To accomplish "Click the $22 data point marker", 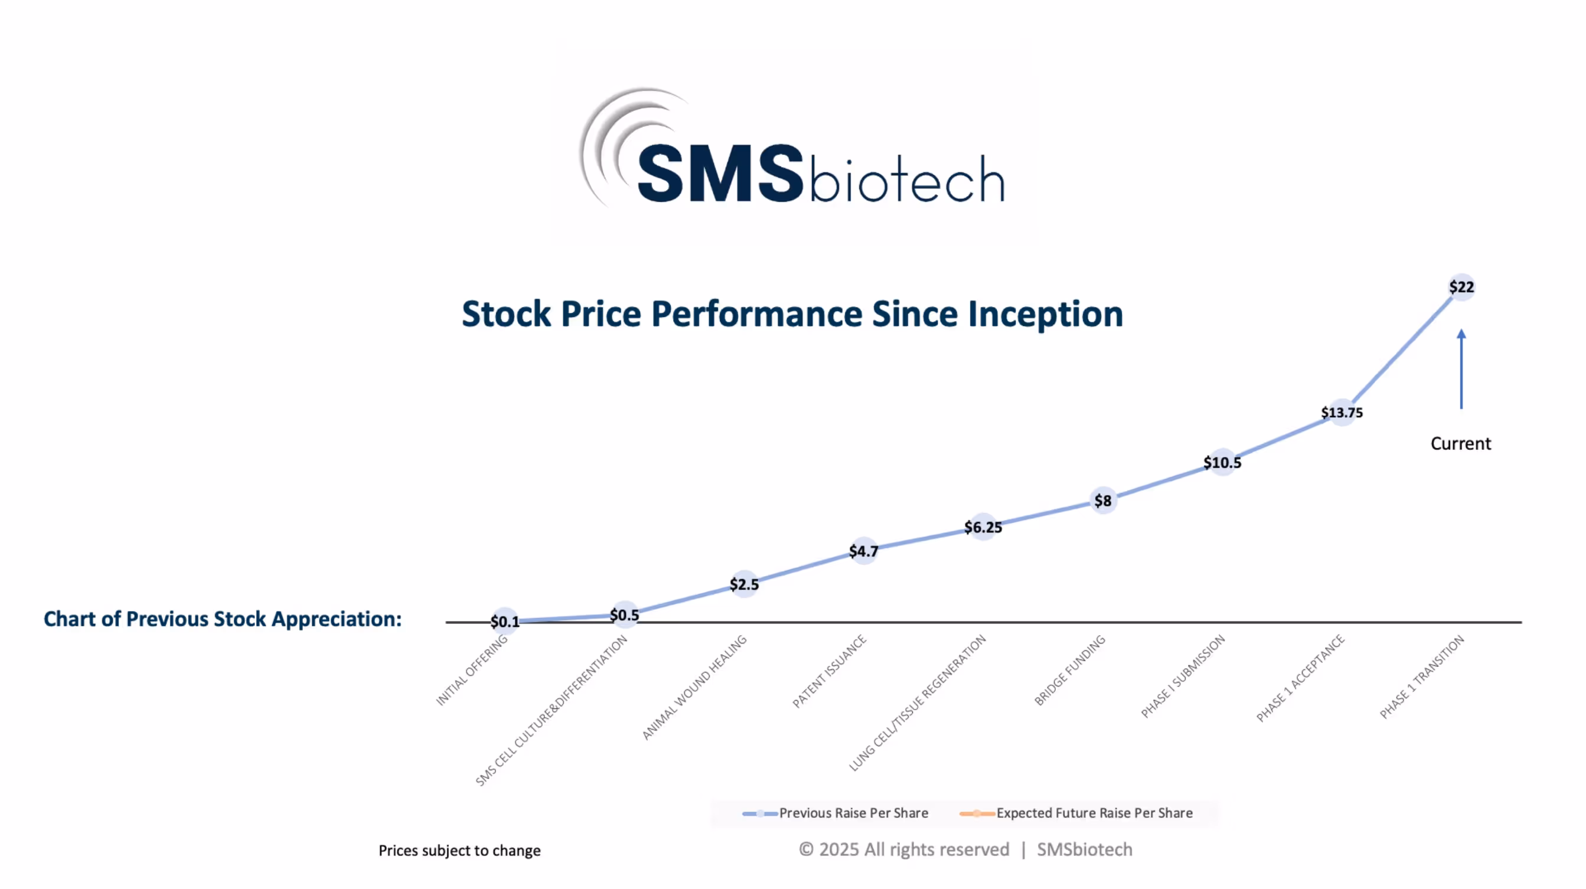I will point(1461,287).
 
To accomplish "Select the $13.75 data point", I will point(1342,413).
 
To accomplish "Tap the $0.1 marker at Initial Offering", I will point(504,621).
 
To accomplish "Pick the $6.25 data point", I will point(983,527).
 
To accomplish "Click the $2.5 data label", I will point(744,584).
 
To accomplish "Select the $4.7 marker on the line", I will point(863,551).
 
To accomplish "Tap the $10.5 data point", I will point(1222,462).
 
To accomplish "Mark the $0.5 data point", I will point(624,615).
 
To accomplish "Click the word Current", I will point(1460,443).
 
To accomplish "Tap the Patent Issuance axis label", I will point(830,671).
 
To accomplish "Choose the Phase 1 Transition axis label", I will point(1422,676).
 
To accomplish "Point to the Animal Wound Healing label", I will point(694,687).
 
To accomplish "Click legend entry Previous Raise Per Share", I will point(853,813).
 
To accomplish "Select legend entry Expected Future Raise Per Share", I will point(1094,813).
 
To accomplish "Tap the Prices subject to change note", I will point(459,850).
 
